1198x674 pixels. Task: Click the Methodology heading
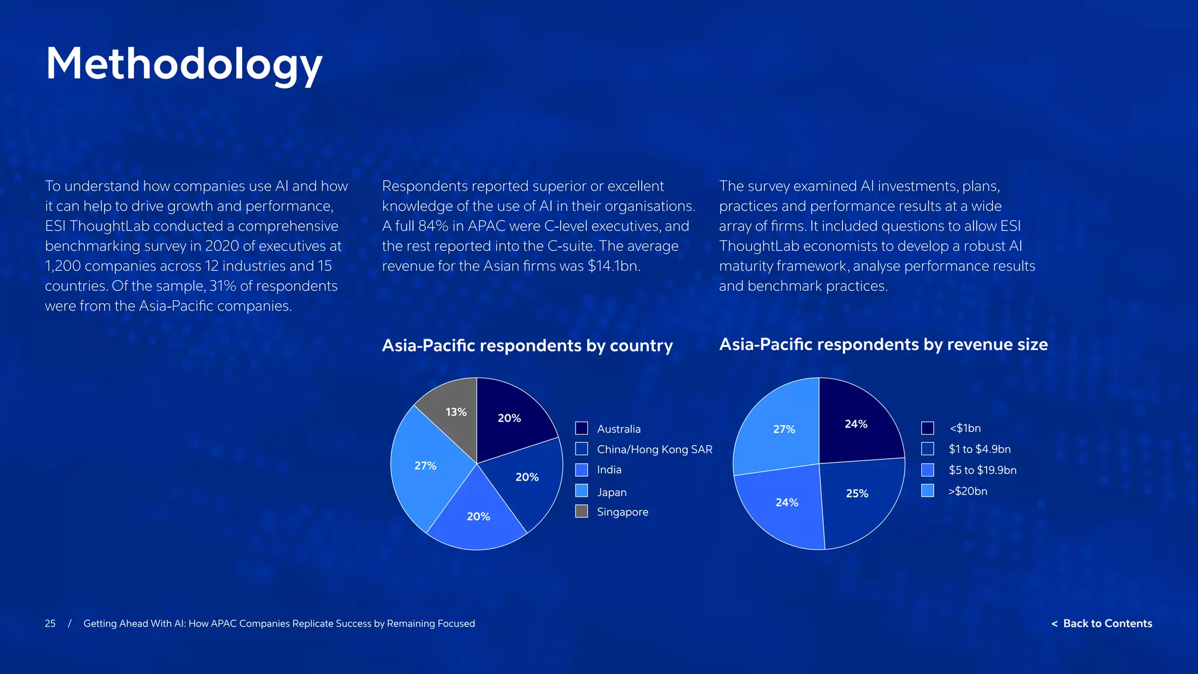[x=184, y=64]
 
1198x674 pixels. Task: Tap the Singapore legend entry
[x=622, y=512]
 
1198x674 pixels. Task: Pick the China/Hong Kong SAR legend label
[x=654, y=449]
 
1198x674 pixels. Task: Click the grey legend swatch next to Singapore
[x=581, y=511]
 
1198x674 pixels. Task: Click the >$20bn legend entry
[x=968, y=491]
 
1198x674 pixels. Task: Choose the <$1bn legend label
[x=965, y=428]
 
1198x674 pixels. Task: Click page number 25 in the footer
[x=50, y=624]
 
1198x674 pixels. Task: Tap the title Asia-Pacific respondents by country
[x=527, y=346]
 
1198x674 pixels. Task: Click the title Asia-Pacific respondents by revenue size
[x=883, y=345]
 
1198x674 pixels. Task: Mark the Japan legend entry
[x=611, y=493]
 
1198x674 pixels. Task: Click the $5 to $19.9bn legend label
[x=982, y=470]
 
